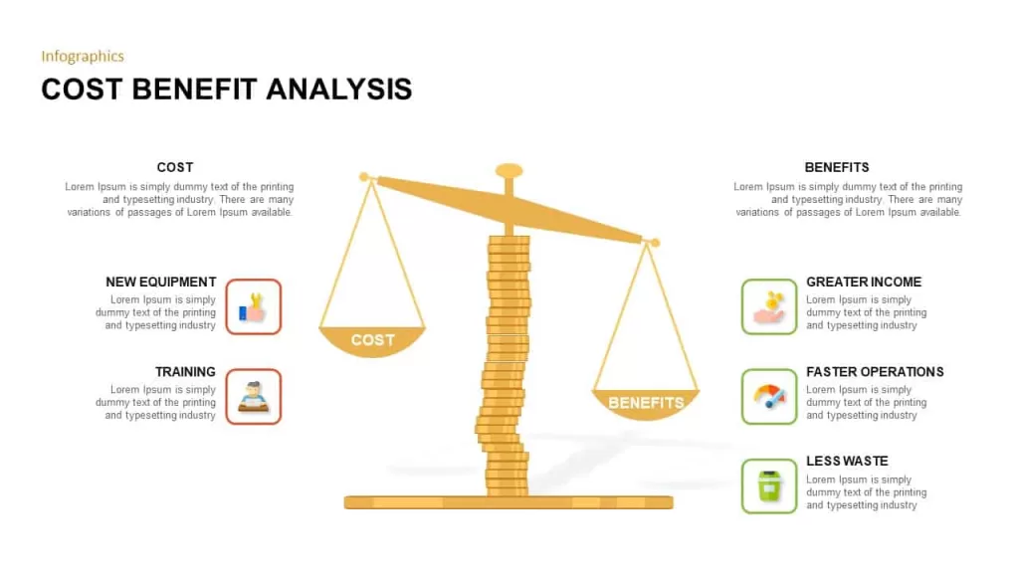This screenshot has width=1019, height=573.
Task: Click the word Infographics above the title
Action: point(83,57)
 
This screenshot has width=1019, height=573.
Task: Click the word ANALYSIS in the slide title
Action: point(338,89)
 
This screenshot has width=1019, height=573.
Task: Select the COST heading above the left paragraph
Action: point(175,167)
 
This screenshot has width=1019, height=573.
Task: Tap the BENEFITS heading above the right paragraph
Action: point(836,167)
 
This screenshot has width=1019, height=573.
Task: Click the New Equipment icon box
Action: point(254,306)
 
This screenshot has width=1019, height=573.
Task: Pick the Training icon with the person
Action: point(254,397)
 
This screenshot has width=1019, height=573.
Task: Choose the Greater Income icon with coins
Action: point(769,306)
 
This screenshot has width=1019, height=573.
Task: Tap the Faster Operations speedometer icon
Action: point(769,397)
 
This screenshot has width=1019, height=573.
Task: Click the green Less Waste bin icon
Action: point(769,485)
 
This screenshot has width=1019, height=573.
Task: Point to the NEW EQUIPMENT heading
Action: point(160,282)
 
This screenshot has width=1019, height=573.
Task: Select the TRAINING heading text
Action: point(185,372)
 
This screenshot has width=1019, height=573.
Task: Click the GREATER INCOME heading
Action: point(864,282)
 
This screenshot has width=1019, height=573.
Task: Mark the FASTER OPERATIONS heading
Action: point(875,372)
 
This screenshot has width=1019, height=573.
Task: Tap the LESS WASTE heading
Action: point(847,462)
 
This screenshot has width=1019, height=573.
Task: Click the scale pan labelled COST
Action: point(372,340)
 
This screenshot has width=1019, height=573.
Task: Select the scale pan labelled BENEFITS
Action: point(645,404)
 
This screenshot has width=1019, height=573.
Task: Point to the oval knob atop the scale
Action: point(509,171)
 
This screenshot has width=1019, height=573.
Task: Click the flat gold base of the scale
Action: point(509,502)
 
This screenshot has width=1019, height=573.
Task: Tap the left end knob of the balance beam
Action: point(364,177)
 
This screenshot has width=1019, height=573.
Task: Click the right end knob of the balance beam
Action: point(655,243)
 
